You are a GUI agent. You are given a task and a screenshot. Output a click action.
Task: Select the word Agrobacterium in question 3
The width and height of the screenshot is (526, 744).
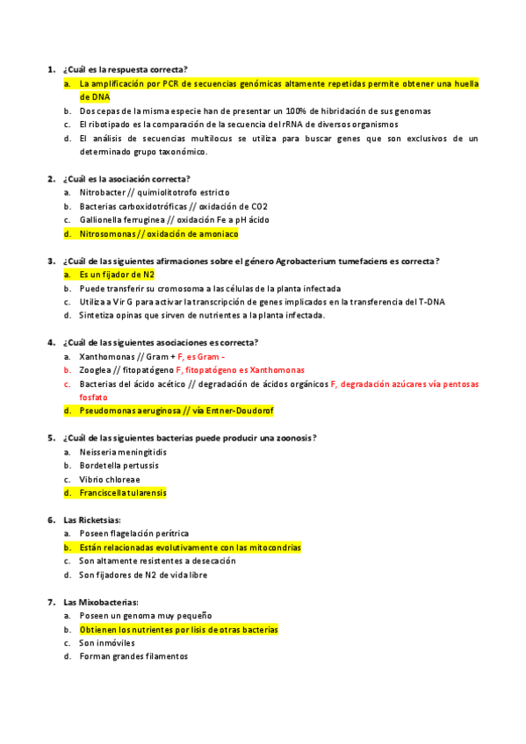coord(305,261)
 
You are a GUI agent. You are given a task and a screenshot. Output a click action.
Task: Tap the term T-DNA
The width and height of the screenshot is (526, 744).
coord(431,302)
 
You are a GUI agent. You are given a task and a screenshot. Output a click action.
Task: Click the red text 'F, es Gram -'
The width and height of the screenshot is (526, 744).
coord(201,357)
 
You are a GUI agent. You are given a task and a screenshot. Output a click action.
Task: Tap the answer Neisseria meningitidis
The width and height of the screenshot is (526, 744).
coord(123,452)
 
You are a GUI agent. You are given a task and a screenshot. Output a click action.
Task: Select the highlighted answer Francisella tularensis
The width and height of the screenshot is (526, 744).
coord(122,493)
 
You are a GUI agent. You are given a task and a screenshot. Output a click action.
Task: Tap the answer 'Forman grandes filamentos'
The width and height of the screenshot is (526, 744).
coord(133,656)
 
